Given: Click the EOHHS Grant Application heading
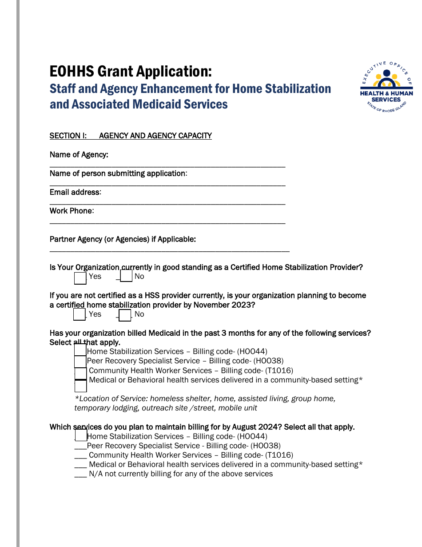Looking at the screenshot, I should click(131, 72).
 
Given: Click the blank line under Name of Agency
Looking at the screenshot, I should click(167, 165).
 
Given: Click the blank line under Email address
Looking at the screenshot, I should click(167, 203).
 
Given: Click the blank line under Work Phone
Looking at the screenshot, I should click(167, 221).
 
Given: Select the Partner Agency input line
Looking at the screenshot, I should click(169, 250).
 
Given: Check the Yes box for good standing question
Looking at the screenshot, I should click(80, 278).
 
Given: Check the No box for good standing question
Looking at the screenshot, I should click(126, 277).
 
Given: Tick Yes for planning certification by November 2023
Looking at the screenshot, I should click(79, 314).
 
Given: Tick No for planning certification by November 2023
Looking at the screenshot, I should click(125, 315).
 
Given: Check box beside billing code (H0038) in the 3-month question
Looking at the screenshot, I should click(80, 361).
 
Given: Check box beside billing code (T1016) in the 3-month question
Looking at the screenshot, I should click(80, 373).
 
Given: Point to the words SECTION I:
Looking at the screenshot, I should click(68, 136).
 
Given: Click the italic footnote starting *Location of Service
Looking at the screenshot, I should click(205, 403).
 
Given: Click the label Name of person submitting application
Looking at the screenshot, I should click(118, 173).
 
